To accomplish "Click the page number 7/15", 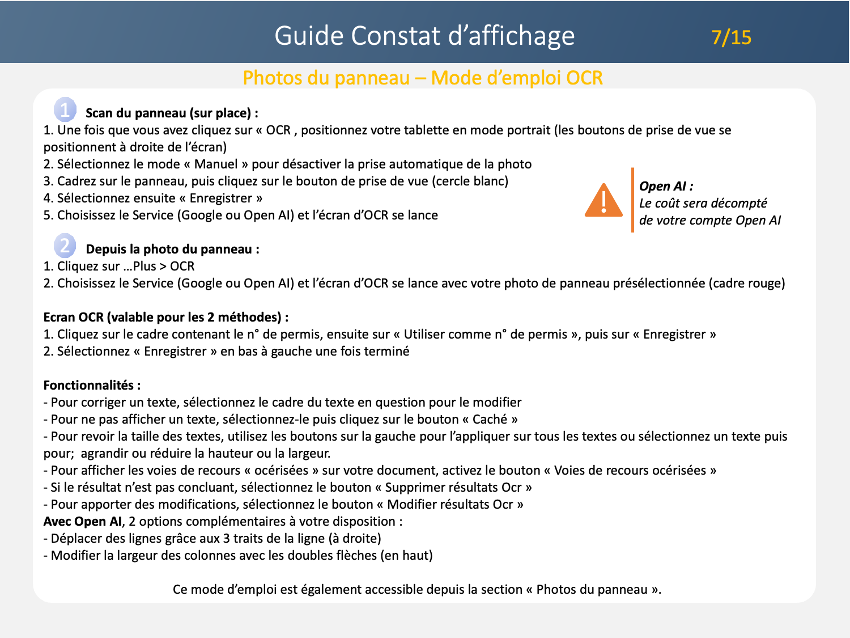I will pyautogui.click(x=731, y=37).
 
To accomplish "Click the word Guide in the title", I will pyautogui.click(x=309, y=36).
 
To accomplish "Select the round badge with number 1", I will pyautogui.click(x=65, y=109).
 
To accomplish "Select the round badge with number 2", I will pyautogui.click(x=65, y=246).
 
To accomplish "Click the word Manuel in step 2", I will pyautogui.click(x=216, y=164).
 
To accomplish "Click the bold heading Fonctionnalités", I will pyautogui.click(x=88, y=386).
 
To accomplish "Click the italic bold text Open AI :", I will pyautogui.click(x=666, y=187).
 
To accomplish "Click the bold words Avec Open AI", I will pyautogui.click(x=83, y=522).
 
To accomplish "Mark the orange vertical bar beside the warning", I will pyautogui.click(x=632, y=200).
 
